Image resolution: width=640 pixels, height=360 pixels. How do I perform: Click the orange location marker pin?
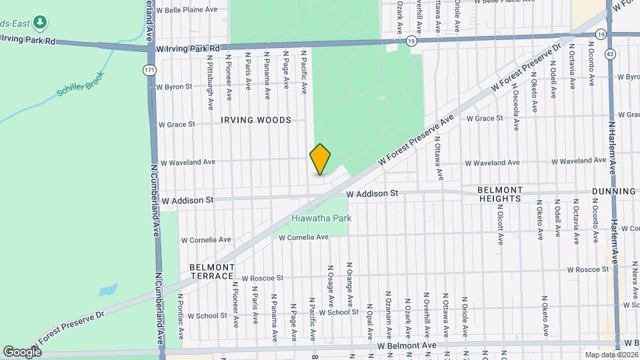click(x=321, y=159)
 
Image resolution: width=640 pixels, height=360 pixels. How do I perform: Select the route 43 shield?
click(x=610, y=53)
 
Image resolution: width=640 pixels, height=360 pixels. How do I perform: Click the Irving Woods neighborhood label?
click(x=257, y=120)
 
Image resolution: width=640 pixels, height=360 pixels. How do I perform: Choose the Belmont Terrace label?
click(x=213, y=271)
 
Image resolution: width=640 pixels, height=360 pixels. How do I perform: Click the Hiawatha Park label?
click(x=321, y=218)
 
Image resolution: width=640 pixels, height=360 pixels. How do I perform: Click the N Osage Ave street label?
click(x=330, y=283)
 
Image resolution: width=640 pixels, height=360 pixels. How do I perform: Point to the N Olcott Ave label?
click(x=500, y=225)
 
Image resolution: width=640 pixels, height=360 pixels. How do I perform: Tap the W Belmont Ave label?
click(x=407, y=346)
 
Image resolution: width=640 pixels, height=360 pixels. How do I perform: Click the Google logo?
click(x=22, y=351)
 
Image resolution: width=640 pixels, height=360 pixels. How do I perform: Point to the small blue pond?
click(x=107, y=290)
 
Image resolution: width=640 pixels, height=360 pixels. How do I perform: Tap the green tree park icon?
click(x=41, y=23)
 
